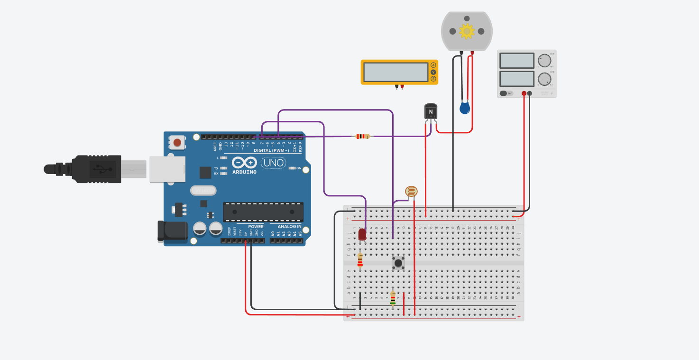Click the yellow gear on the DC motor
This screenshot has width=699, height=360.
coord(467,31)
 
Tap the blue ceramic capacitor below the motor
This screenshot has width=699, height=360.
coord(465,108)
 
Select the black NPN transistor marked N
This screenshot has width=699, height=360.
coord(431,111)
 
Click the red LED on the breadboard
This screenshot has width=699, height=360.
coord(362,234)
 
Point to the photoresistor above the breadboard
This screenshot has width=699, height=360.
coord(411,192)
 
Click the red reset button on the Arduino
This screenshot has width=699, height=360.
coord(177,142)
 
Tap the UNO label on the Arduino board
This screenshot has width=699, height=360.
coord(273,163)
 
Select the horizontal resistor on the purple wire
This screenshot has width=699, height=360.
coord(362,137)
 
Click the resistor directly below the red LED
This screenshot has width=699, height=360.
coord(360,259)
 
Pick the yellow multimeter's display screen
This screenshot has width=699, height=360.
coord(395,72)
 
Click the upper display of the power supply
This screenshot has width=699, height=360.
coord(516,61)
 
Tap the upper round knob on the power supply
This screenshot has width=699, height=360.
coord(544,60)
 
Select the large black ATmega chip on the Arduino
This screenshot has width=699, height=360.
coord(263,212)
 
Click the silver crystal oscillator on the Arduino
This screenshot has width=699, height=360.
coord(203,191)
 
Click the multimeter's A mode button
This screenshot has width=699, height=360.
coord(433,65)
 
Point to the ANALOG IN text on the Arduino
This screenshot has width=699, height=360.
coord(289,227)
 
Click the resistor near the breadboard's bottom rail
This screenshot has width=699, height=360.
coord(393,298)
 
